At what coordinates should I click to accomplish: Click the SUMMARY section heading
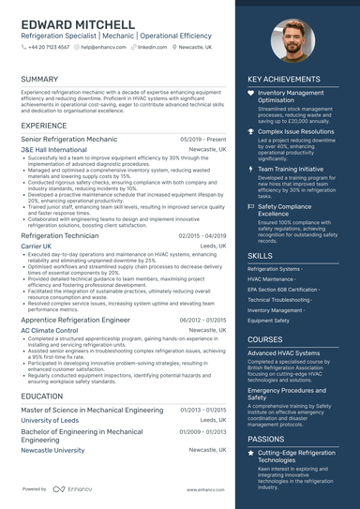click(39, 80)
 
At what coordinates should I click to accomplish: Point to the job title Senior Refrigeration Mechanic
click(63, 138)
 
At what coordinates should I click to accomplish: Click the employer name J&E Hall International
click(53, 149)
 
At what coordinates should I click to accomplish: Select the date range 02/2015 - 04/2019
click(202, 235)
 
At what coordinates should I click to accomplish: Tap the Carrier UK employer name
click(37, 246)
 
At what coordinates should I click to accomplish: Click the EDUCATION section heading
click(42, 397)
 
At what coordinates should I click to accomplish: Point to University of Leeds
click(50, 421)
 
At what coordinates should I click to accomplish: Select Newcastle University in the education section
click(52, 451)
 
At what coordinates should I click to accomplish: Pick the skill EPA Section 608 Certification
click(282, 290)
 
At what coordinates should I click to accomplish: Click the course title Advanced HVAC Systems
click(283, 352)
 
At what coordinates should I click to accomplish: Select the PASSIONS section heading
click(266, 438)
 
